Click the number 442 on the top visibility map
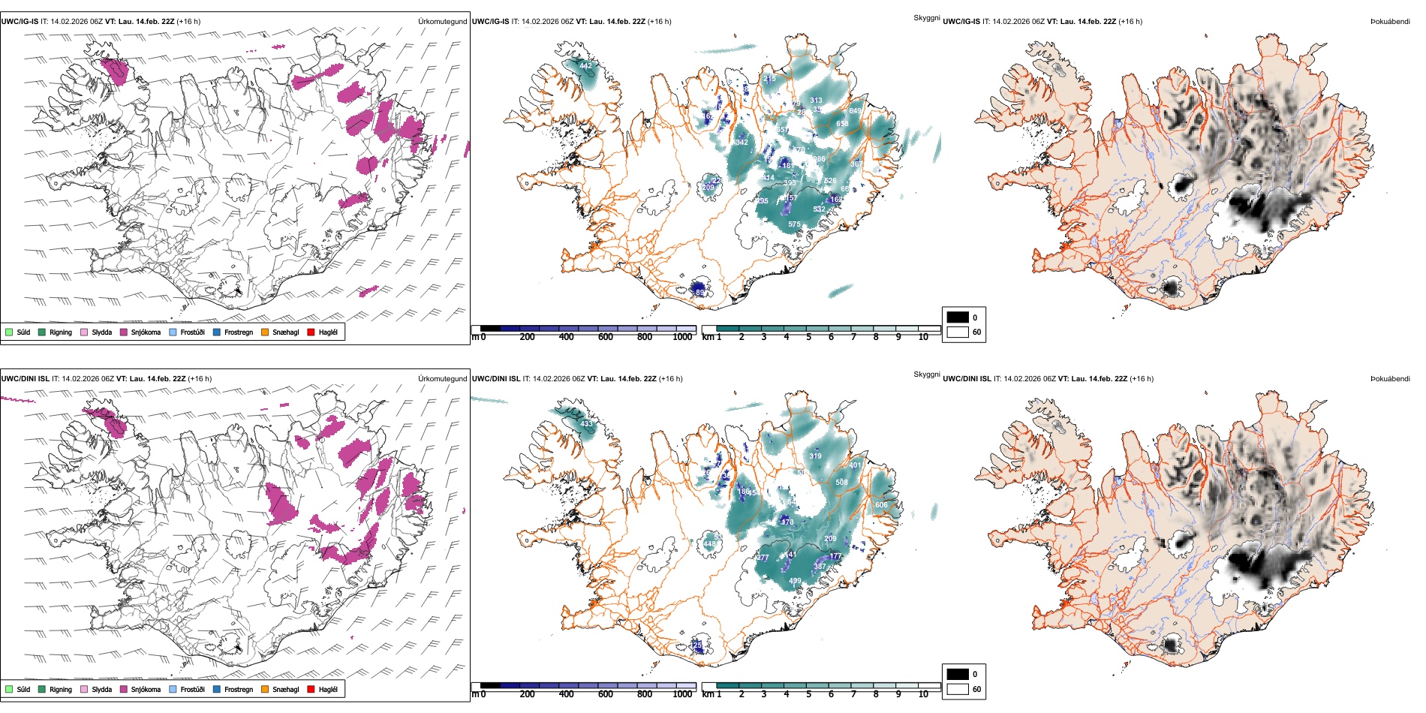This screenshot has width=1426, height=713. pos(585,66)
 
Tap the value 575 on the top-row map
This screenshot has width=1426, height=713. pos(794,224)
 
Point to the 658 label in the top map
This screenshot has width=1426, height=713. pos(842,124)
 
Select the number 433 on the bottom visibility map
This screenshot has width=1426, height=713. pos(586,424)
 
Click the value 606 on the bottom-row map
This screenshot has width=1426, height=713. pos(881,505)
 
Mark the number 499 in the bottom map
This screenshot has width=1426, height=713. pos(795,581)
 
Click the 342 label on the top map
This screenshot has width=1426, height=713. pos(742,143)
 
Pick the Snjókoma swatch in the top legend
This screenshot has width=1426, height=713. pos(124,332)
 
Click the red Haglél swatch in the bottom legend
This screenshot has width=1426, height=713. pos(311,690)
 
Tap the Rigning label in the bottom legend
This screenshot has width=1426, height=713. pos(61,690)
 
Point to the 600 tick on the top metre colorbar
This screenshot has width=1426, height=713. pos(605,338)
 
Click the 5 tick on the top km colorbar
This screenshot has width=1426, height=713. pos(808,338)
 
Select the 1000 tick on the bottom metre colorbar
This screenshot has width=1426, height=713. pos(682,695)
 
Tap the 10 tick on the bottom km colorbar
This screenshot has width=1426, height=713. pos(923,695)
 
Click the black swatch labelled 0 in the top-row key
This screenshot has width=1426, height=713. pos(958,317)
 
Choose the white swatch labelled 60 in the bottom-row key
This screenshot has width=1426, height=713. pos(958,689)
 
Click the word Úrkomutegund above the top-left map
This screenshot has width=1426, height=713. pos(442,22)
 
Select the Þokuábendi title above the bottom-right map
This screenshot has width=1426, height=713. pos(1389,379)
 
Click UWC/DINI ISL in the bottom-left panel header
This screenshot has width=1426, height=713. pos(25,379)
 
